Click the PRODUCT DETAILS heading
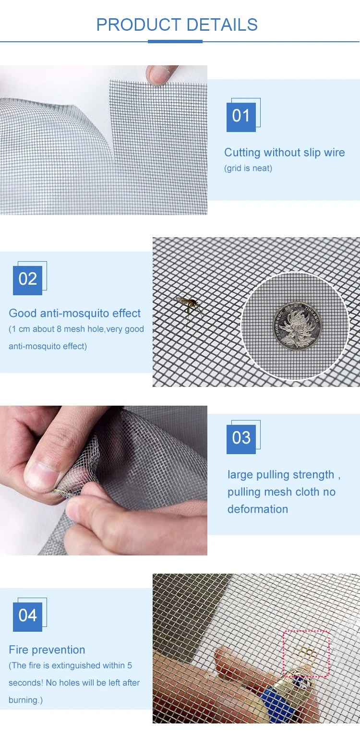177,24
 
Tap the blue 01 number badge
241,117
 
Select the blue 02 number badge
27,280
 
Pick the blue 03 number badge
241,439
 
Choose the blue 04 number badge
27,617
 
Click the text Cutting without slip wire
284,153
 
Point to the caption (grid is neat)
248,168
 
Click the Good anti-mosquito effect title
75,313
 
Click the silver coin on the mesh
297,326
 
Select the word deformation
258,509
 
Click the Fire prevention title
47,650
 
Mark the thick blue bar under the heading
175,42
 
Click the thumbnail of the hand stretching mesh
104,481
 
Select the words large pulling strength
281,475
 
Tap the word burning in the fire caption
24,700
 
